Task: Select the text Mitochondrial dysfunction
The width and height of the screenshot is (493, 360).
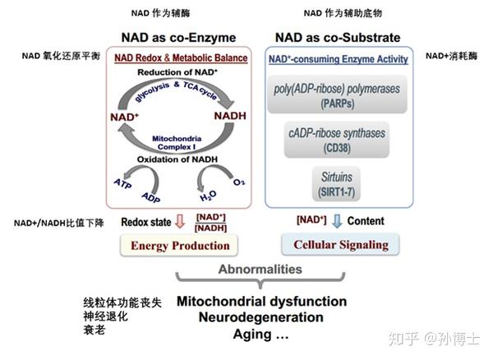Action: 261,301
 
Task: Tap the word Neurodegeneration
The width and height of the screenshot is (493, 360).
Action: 261,317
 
